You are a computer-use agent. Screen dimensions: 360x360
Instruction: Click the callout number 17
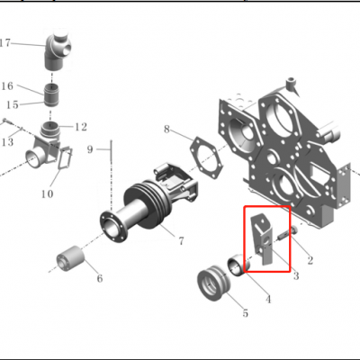(5, 42)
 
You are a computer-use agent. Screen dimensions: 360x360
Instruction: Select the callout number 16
(7, 87)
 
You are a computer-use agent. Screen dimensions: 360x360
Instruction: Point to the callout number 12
(81, 127)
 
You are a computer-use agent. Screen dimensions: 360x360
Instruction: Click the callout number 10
(47, 193)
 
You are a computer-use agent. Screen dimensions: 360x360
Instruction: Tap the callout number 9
(90, 148)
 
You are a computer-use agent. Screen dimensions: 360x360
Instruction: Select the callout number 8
(166, 130)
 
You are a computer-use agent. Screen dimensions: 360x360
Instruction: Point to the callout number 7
(181, 241)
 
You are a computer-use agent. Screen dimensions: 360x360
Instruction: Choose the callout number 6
(99, 279)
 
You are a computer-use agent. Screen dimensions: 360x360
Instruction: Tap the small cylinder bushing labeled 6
(69, 260)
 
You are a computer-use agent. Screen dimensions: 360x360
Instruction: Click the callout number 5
(244, 313)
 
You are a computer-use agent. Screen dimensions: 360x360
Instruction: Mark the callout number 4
(266, 298)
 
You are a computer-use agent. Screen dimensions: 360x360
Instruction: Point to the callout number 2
(310, 261)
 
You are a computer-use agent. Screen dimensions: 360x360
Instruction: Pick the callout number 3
(295, 276)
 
